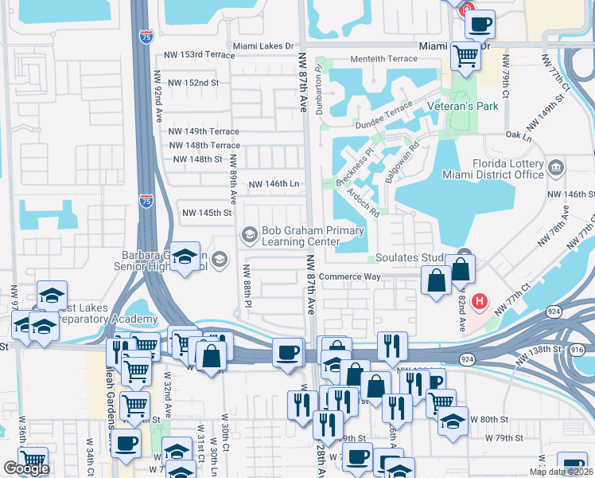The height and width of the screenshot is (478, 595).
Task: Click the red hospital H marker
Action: click(x=480, y=302)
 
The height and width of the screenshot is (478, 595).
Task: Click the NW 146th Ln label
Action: click(x=274, y=184)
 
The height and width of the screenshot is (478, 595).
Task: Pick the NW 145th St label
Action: click(x=206, y=213)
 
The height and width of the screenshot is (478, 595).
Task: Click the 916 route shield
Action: click(x=577, y=349)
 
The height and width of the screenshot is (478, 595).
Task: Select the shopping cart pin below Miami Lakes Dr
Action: click(x=465, y=56)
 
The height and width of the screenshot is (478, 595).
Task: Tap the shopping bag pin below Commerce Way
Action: click(x=436, y=282)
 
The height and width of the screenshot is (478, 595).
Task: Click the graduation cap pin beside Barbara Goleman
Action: click(x=185, y=258)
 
